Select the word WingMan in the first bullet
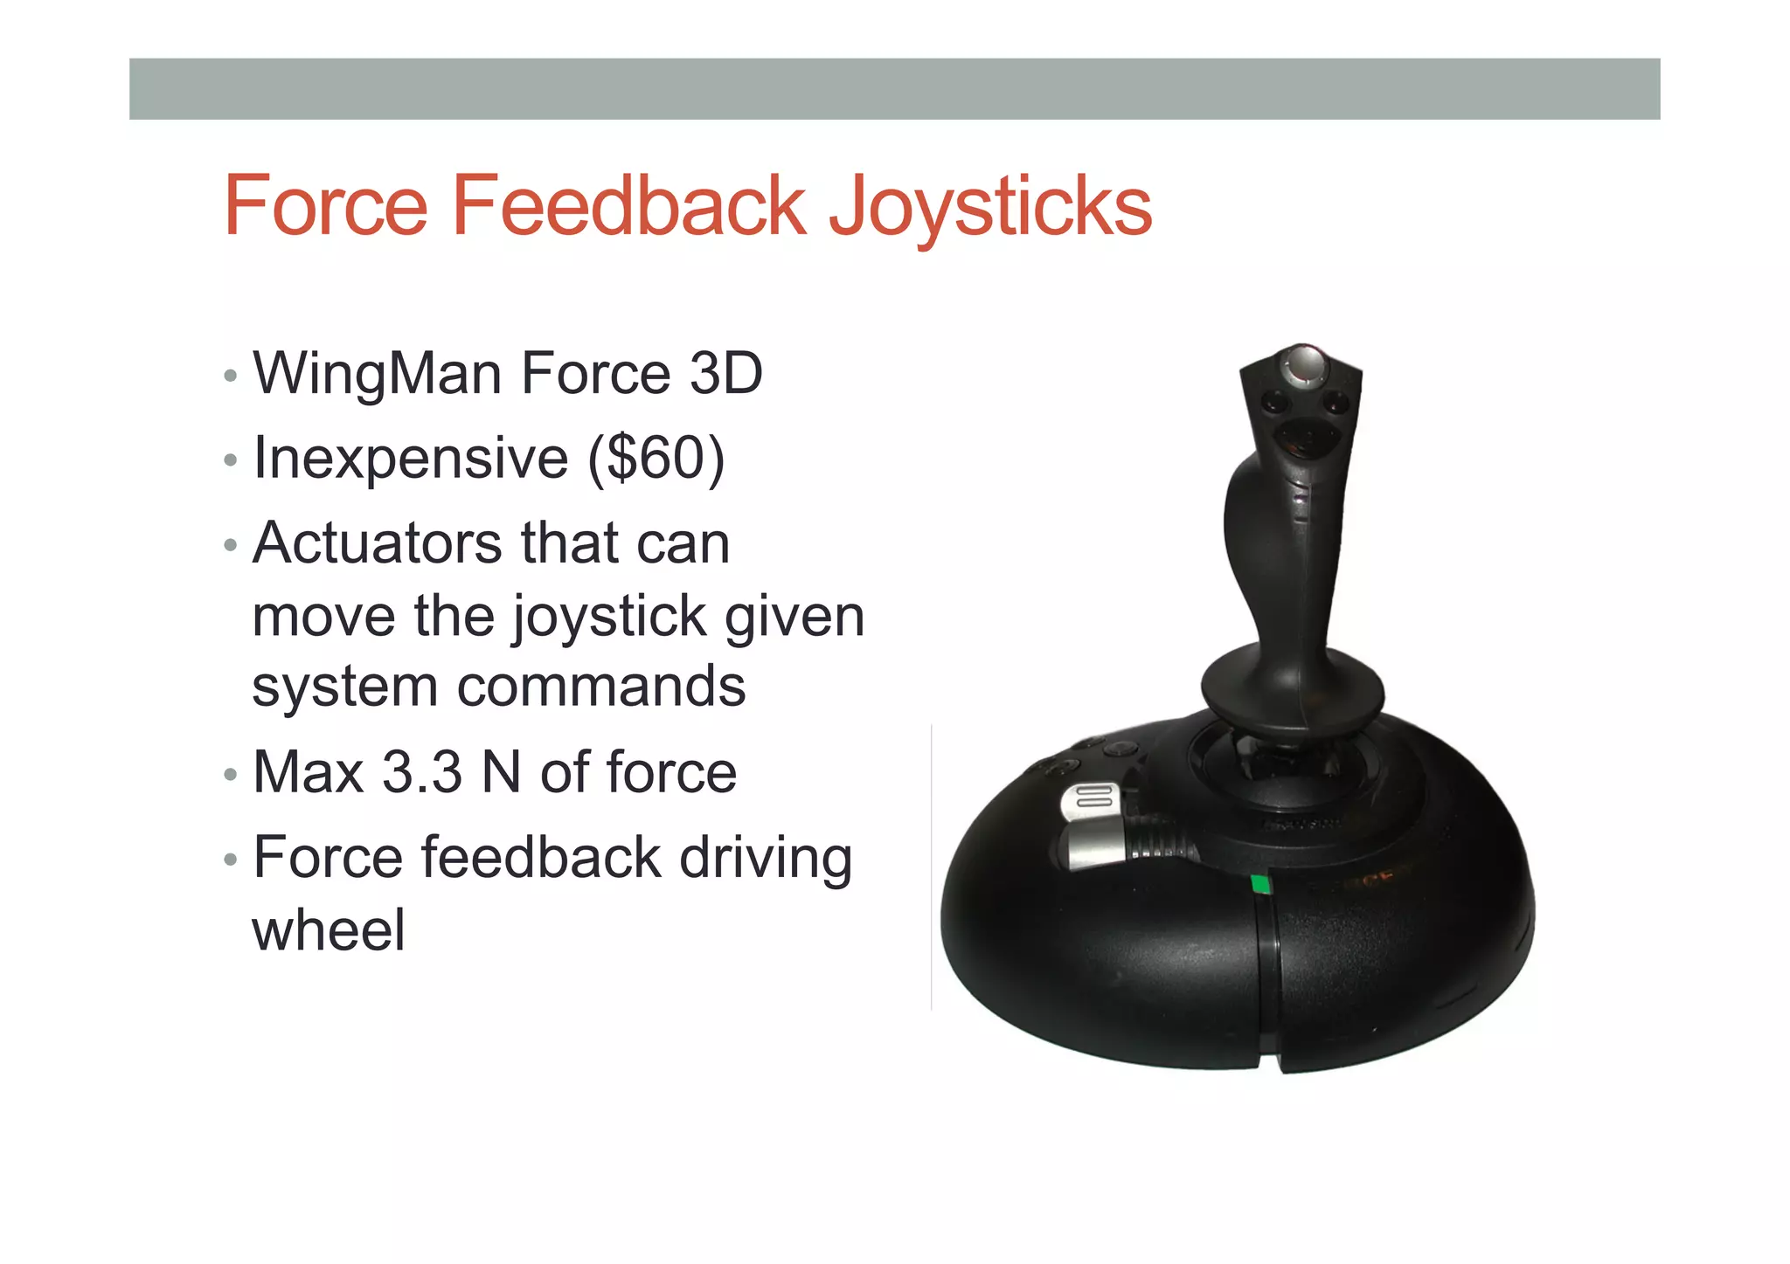(x=376, y=373)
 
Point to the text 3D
(x=725, y=373)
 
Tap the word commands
(x=600, y=686)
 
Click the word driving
(x=765, y=858)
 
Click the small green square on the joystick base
(x=1260, y=884)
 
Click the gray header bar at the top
(x=894, y=88)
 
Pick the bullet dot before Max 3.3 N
(x=230, y=775)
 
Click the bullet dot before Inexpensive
(x=230, y=459)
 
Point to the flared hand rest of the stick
(x=1292, y=690)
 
